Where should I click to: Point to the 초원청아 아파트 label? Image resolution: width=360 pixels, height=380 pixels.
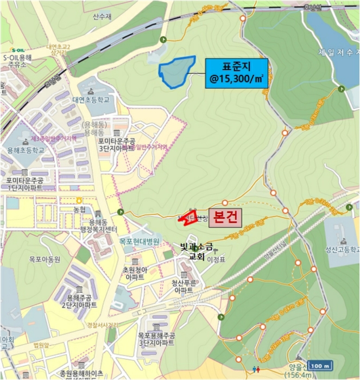pos(133,273)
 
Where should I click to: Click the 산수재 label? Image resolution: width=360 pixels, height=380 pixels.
pos(101,17)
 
